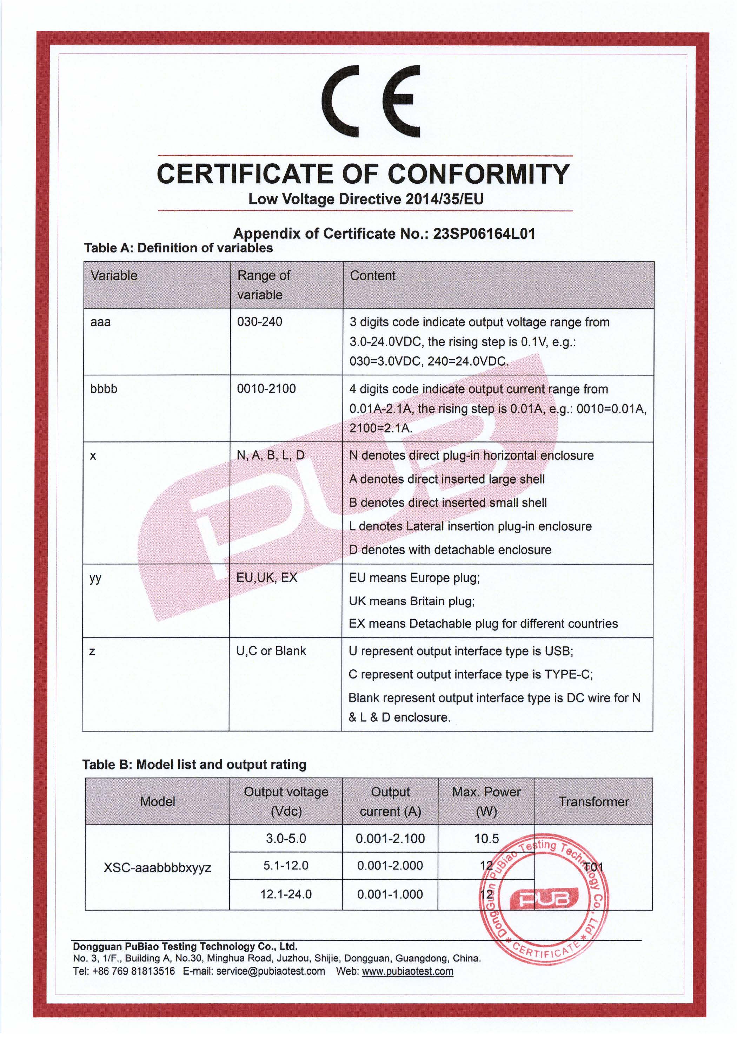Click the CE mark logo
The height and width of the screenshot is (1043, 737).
coord(370,100)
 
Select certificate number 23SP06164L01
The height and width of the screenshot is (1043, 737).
coord(484,234)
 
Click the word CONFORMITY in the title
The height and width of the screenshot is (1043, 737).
coord(478,174)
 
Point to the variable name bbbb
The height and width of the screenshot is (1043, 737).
coord(104,389)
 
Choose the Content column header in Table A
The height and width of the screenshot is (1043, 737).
coord(372,275)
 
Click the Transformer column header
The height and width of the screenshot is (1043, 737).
coord(593,801)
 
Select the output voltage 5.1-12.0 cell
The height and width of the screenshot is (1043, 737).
coord(286,865)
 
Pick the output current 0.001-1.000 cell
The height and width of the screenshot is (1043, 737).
coord(390,894)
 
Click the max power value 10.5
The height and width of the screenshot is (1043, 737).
coord(486,839)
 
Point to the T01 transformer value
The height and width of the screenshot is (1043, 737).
coord(593,867)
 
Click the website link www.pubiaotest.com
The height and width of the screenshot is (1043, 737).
coord(407,971)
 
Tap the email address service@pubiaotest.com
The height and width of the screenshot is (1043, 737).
coord(271,971)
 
